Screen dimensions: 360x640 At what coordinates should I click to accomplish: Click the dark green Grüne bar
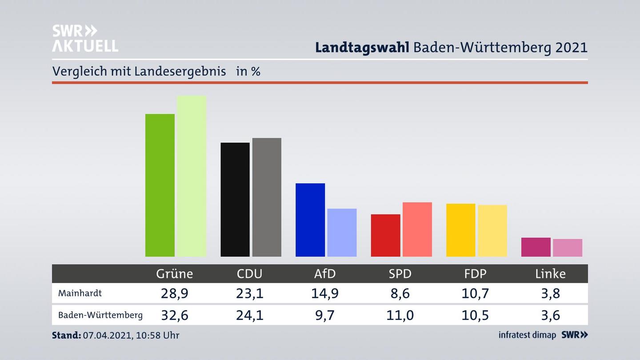[160, 185]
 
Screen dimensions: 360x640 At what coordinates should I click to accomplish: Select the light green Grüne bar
[192, 176]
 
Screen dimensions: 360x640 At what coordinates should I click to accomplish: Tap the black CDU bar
[235, 200]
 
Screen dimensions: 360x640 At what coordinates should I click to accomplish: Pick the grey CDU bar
[267, 197]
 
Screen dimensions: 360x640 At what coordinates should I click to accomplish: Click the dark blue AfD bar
[310, 220]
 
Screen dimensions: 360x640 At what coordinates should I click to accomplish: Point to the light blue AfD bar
[342, 232]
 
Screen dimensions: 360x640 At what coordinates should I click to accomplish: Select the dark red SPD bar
[385, 235]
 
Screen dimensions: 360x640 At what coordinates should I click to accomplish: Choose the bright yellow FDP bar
[460, 230]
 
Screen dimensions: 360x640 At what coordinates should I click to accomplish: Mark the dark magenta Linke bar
[536, 247]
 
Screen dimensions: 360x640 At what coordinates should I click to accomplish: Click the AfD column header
[325, 274]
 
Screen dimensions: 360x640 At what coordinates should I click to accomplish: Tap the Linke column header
[550, 274]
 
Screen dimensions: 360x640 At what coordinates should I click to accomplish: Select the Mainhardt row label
[80, 293]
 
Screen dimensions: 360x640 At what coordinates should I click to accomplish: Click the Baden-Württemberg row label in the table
[100, 315]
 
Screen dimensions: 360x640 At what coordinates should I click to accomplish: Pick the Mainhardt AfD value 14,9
[325, 293]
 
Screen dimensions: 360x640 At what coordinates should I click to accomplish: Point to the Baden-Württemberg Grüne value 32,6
[174, 315]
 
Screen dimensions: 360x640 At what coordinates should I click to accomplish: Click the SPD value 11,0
[400, 315]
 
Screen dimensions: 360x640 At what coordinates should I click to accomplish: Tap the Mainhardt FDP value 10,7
[475, 293]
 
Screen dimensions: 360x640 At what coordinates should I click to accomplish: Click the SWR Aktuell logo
[85, 38]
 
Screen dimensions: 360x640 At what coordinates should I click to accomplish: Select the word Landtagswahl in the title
[362, 48]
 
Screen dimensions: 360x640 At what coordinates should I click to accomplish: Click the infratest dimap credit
[527, 335]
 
